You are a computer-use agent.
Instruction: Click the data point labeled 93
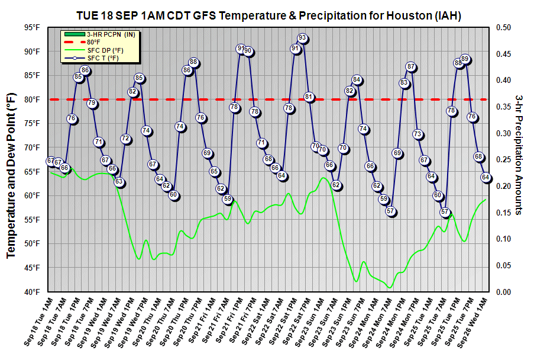(x=302, y=39)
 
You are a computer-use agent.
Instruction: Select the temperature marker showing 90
(x=248, y=52)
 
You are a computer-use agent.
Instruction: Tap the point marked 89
(x=465, y=59)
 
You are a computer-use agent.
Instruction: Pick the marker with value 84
(x=357, y=80)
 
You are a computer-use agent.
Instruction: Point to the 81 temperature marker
(x=309, y=97)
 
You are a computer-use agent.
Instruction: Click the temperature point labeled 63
(x=119, y=182)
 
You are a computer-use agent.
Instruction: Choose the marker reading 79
(x=92, y=103)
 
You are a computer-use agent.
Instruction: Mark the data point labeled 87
(x=411, y=67)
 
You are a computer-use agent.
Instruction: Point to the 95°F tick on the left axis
(x=33, y=28)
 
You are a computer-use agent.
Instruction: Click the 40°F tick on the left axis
(x=33, y=292)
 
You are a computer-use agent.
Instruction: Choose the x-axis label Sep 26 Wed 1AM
(x=470, y=325)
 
